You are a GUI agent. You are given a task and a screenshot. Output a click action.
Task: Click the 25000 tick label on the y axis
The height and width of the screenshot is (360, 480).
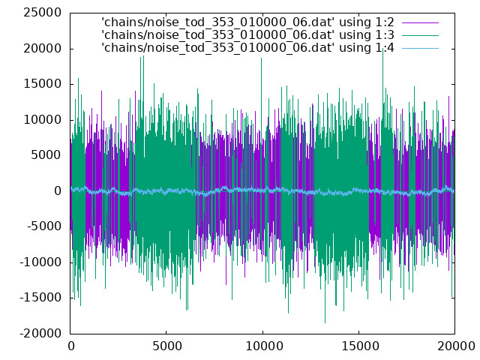[43, 13]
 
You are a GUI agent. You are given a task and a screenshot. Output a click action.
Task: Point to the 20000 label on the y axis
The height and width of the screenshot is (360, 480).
[43, 48]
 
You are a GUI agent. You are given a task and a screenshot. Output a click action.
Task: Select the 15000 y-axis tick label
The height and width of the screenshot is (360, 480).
[43, 84]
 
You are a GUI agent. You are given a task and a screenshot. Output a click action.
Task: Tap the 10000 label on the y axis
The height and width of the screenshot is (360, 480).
[43, 120]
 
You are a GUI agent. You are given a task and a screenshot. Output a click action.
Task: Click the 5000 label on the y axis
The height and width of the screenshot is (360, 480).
[46, 155]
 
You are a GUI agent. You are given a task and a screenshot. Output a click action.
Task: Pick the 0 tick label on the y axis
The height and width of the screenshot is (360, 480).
[58, 191]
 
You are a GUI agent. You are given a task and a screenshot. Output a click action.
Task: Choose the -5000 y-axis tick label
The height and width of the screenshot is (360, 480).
[44, 226]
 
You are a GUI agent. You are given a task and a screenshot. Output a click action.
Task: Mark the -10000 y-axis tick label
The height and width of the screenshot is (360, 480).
[40, 262]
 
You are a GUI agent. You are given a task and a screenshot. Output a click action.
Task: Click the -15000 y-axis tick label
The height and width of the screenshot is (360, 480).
[40, 298]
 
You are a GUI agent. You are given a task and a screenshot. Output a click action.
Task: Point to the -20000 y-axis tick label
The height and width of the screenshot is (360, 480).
[40, 333]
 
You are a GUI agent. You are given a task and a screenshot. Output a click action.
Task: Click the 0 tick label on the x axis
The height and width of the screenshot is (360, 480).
[71, 346]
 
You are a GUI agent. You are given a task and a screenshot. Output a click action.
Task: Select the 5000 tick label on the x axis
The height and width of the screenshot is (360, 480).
[166, 346]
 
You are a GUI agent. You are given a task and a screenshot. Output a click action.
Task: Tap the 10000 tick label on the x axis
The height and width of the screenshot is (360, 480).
[263, 346]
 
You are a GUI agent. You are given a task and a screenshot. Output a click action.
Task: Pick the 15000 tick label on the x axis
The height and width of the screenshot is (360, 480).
[359, 346]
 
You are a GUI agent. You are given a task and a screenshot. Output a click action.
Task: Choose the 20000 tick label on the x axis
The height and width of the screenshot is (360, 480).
[455, 346]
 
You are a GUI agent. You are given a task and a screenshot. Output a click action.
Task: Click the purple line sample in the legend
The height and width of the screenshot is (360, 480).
[420, 22]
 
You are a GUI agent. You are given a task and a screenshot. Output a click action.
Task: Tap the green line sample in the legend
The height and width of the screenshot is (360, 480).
[420, 35]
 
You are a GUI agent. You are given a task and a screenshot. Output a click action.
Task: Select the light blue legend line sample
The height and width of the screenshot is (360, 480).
[420, 48]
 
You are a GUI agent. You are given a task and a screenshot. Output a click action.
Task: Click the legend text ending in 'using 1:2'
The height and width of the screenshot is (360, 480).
[248, 22]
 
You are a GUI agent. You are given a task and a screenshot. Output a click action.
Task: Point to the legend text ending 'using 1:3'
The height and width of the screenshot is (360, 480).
[248, 35]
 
